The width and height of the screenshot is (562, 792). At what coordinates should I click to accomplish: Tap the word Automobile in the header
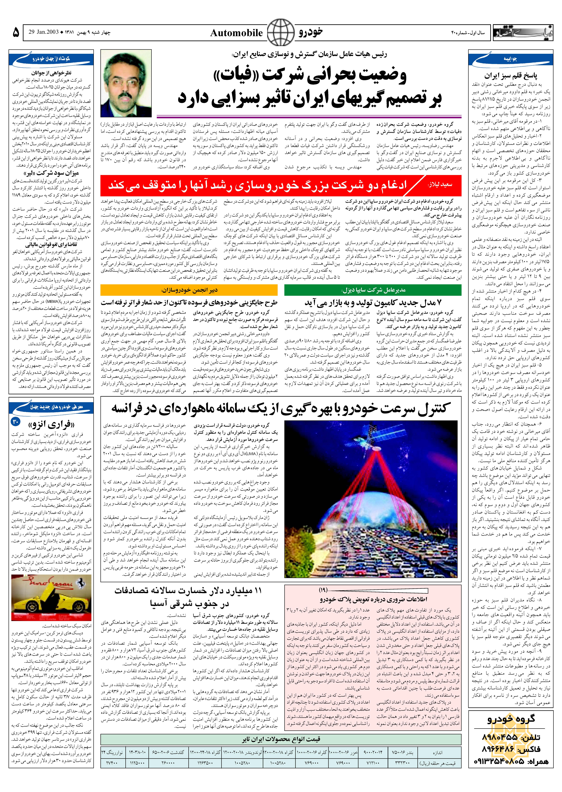[x=236, y=33]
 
